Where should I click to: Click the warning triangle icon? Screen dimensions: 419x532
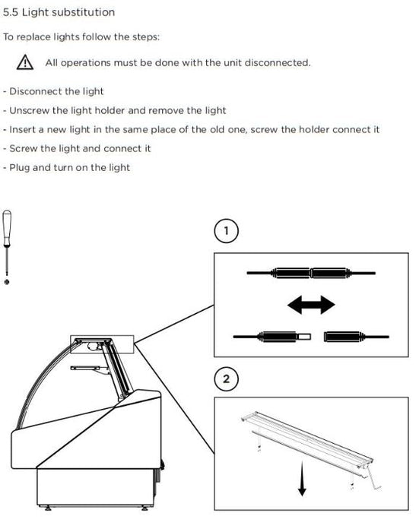click(25, 63)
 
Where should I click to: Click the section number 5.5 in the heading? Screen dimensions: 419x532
click(11, 12)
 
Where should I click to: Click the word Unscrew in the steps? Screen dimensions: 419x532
click(29, 111)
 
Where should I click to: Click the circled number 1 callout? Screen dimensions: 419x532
click(226, 231)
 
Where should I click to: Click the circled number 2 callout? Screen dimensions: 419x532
click(226, 378)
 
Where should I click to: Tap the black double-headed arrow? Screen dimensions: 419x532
click(311, 304)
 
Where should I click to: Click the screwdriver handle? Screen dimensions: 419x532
click(7, 227)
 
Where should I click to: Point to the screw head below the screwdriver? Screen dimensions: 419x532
click(7, 282)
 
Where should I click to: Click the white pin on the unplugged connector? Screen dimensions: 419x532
click(304, 337)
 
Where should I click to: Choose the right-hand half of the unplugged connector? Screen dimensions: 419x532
click(357, 337)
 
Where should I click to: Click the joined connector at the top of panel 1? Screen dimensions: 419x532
click(311, 273)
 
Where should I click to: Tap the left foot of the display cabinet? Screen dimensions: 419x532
click(48, 508)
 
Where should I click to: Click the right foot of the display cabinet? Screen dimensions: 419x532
click(144, 508)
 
